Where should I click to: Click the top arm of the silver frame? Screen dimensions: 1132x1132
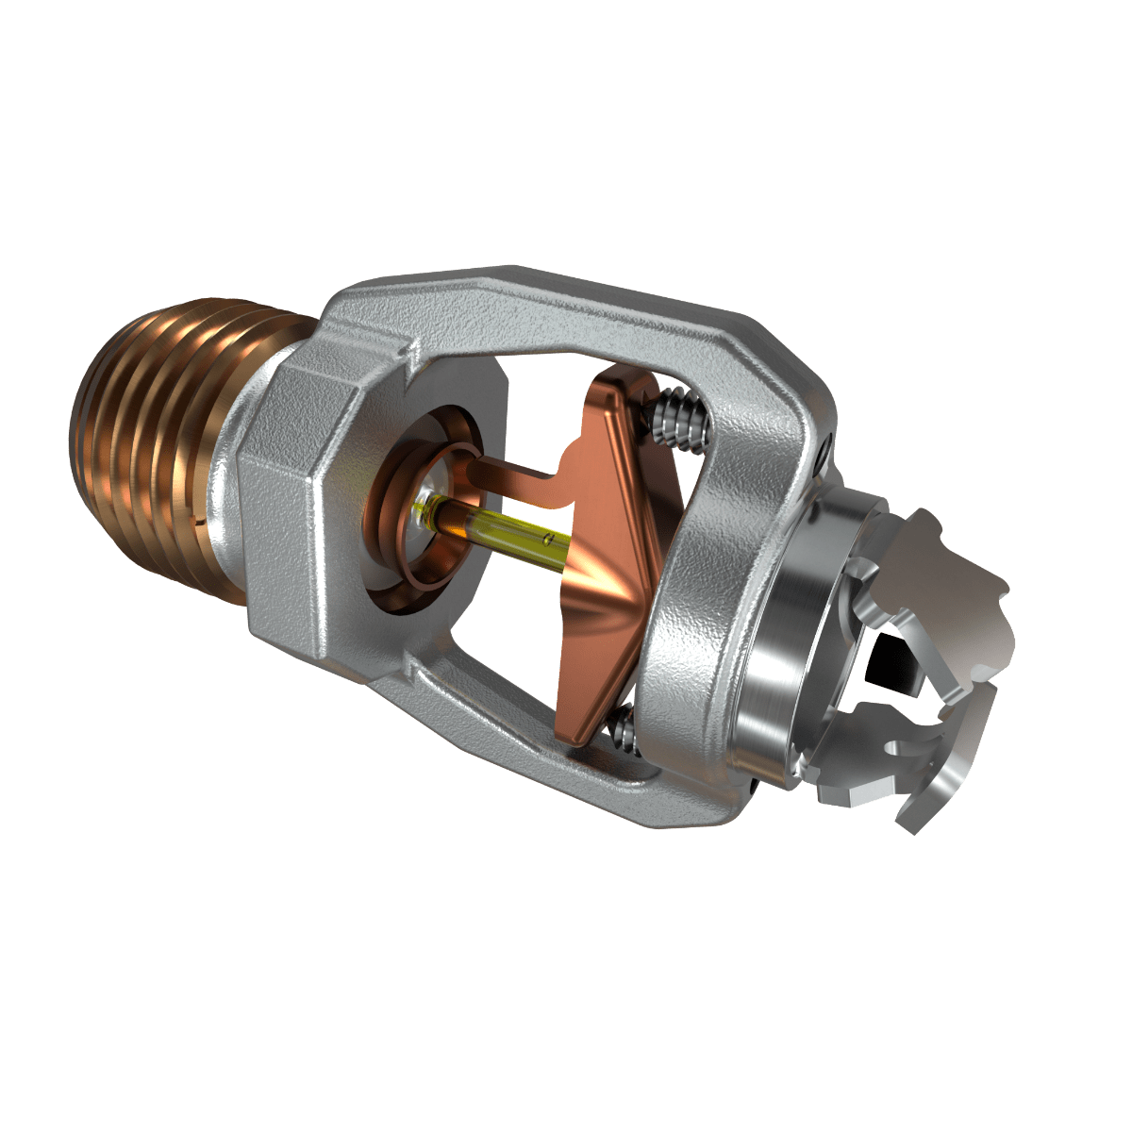coord(566,302)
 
